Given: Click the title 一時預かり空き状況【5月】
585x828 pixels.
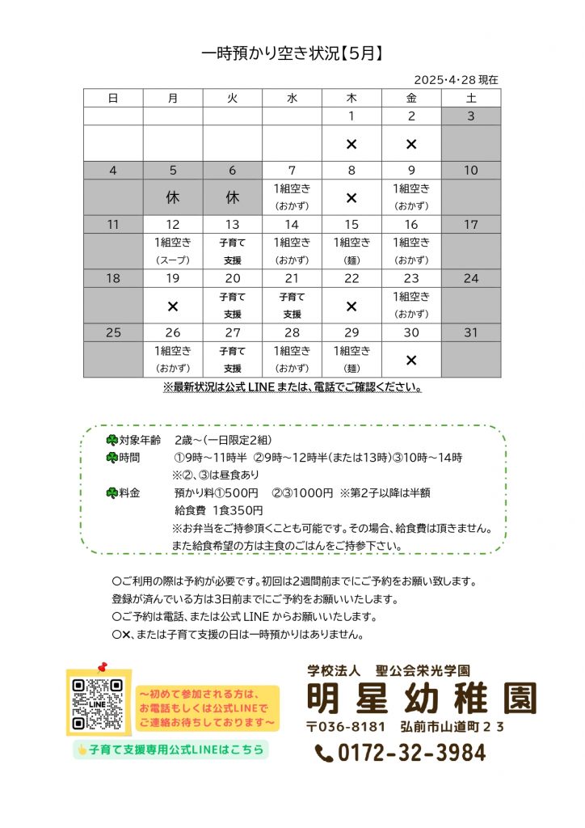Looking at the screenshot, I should pos(292,54).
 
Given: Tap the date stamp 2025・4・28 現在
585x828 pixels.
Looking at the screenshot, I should pos(456,80).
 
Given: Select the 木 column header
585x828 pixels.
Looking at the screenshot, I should pos(351,98).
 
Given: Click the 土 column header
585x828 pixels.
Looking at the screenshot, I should pos(471,98).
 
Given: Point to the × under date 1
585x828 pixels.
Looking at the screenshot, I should pos(351,144).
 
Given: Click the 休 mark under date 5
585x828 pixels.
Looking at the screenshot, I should pos(173,197).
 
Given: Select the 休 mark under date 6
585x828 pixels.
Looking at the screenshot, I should pos(233,197).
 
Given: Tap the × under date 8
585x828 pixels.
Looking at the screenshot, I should pos(351,197).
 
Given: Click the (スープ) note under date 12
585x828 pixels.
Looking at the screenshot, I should pos(173,260).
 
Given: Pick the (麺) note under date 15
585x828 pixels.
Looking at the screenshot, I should pos(351,260).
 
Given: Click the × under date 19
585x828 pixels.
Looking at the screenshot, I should pos(173,306).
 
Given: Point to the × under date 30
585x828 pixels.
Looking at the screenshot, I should pos(411,361).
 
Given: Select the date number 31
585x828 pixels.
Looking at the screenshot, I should pos(471,332).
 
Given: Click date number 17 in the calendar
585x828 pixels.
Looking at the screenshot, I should pos(471,225).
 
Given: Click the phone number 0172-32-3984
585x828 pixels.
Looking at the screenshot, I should pos(401,754).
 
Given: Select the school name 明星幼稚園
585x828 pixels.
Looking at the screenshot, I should pos(421,698).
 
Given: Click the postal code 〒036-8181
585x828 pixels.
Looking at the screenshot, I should pos(346,726).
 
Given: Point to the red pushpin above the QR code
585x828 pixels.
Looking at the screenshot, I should pos(102,668).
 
